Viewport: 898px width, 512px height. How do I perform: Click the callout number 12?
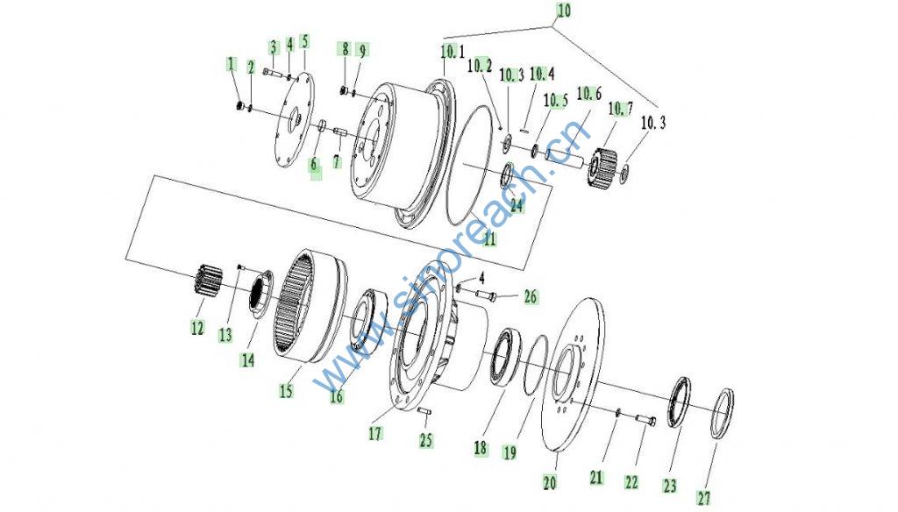tap(197, 328)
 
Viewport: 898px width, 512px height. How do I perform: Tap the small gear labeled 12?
tap(203, 281)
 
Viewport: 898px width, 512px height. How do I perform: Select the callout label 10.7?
tap(621, 108)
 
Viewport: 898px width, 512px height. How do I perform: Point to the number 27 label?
tap(704, 498)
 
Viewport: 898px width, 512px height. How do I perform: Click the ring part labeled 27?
tap(723, 414)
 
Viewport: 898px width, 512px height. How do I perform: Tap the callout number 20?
tap(549, 483)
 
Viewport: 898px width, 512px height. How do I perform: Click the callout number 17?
tap(375, 434)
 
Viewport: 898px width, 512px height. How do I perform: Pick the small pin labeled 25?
tap(424, 410)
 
